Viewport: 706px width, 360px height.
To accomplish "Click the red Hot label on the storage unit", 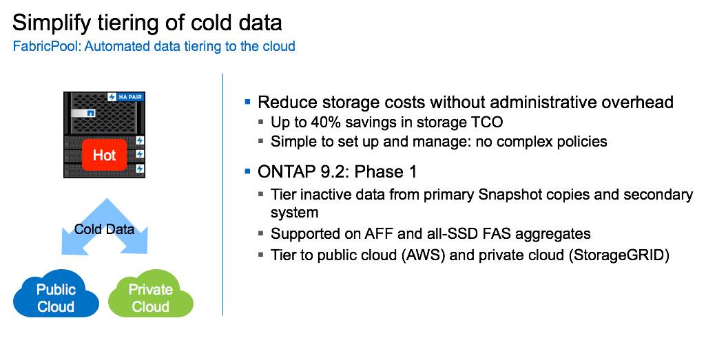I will [104, 155].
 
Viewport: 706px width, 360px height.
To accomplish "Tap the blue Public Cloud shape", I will [56, 298].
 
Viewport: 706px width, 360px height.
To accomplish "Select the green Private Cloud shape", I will [151, 298].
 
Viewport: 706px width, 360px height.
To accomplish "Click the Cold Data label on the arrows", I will [104, 229].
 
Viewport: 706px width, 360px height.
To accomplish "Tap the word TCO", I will [488, 123].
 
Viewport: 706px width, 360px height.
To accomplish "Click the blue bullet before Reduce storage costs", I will [248, 102].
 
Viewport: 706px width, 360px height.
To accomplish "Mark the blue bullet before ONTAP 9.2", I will [248, 171].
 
